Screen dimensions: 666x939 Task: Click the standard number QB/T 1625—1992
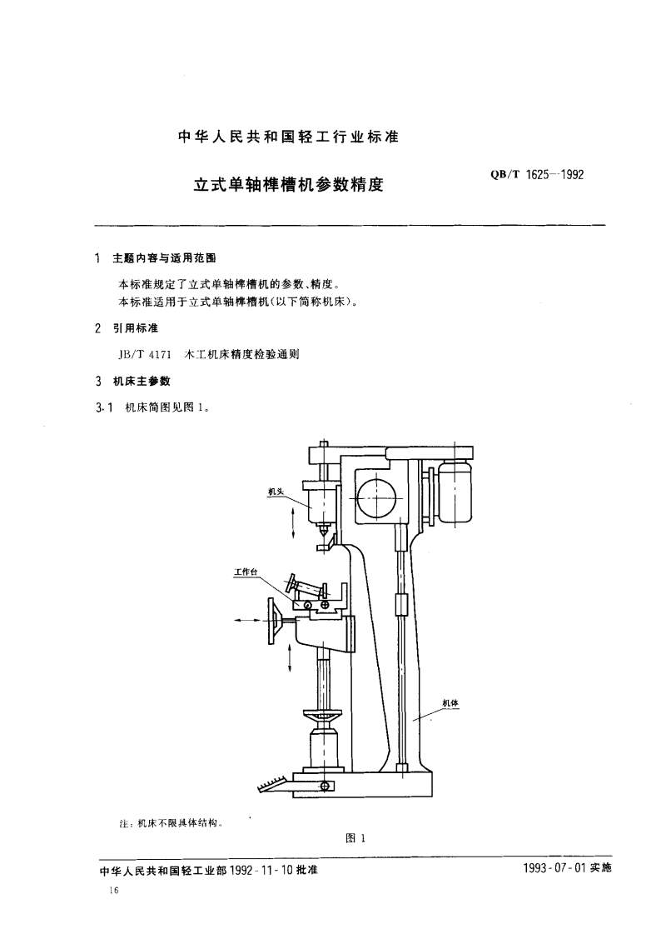[x=537, y=175]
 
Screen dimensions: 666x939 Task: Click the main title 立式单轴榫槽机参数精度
[x=288, y=184]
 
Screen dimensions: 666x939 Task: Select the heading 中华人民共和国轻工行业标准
[x=288, y=137]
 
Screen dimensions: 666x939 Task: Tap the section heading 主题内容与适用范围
[x=165, y=258]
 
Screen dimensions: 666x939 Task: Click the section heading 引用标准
[x=136, y=328]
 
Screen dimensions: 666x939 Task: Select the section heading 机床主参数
[x=142, y=381]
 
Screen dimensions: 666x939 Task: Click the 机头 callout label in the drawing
[x=276, y=492]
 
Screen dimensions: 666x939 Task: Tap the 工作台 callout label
[x=246, y=572]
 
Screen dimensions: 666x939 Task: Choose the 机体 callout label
[x=450, y=702]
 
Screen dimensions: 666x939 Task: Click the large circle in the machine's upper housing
[x=375, y=497]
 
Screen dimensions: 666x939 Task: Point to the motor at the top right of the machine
[x=455, y=492]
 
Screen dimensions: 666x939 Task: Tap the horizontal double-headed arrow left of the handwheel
[x=249, y=621]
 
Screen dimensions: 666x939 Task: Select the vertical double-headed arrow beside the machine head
[x=293, y=522]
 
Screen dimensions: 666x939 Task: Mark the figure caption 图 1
[x=355, y=838]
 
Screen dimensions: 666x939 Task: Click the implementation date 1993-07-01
[x=555, y=868]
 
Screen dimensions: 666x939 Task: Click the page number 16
[x=114, y=891]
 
